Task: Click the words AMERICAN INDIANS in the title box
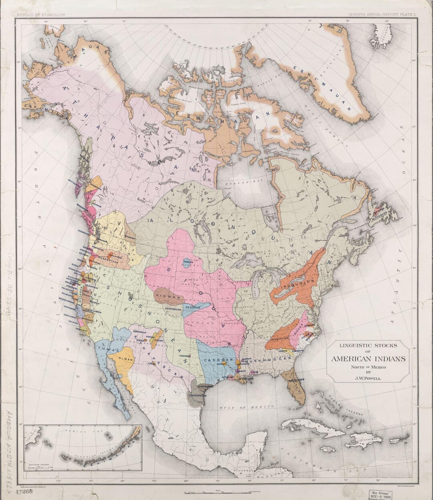tap(368, 359)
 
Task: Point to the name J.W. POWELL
tap(367, 378)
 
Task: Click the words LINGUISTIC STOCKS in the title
tap(368, 345)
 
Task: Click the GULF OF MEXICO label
tap(246, 407)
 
